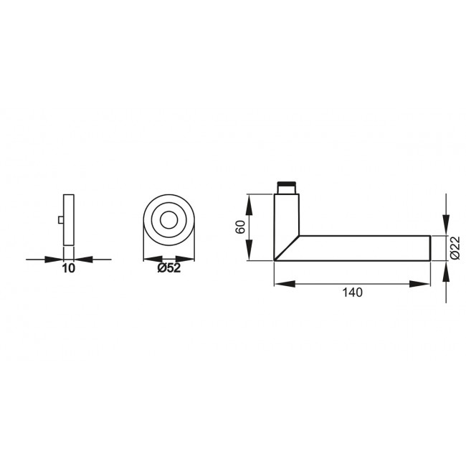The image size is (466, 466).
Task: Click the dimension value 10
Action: [69, 270]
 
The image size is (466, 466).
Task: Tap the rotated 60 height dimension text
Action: [241, 228]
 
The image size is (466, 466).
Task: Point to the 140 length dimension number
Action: [353, 293]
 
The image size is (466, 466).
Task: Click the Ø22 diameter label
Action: [455, 247]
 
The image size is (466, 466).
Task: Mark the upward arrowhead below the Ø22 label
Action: [446, 270]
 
